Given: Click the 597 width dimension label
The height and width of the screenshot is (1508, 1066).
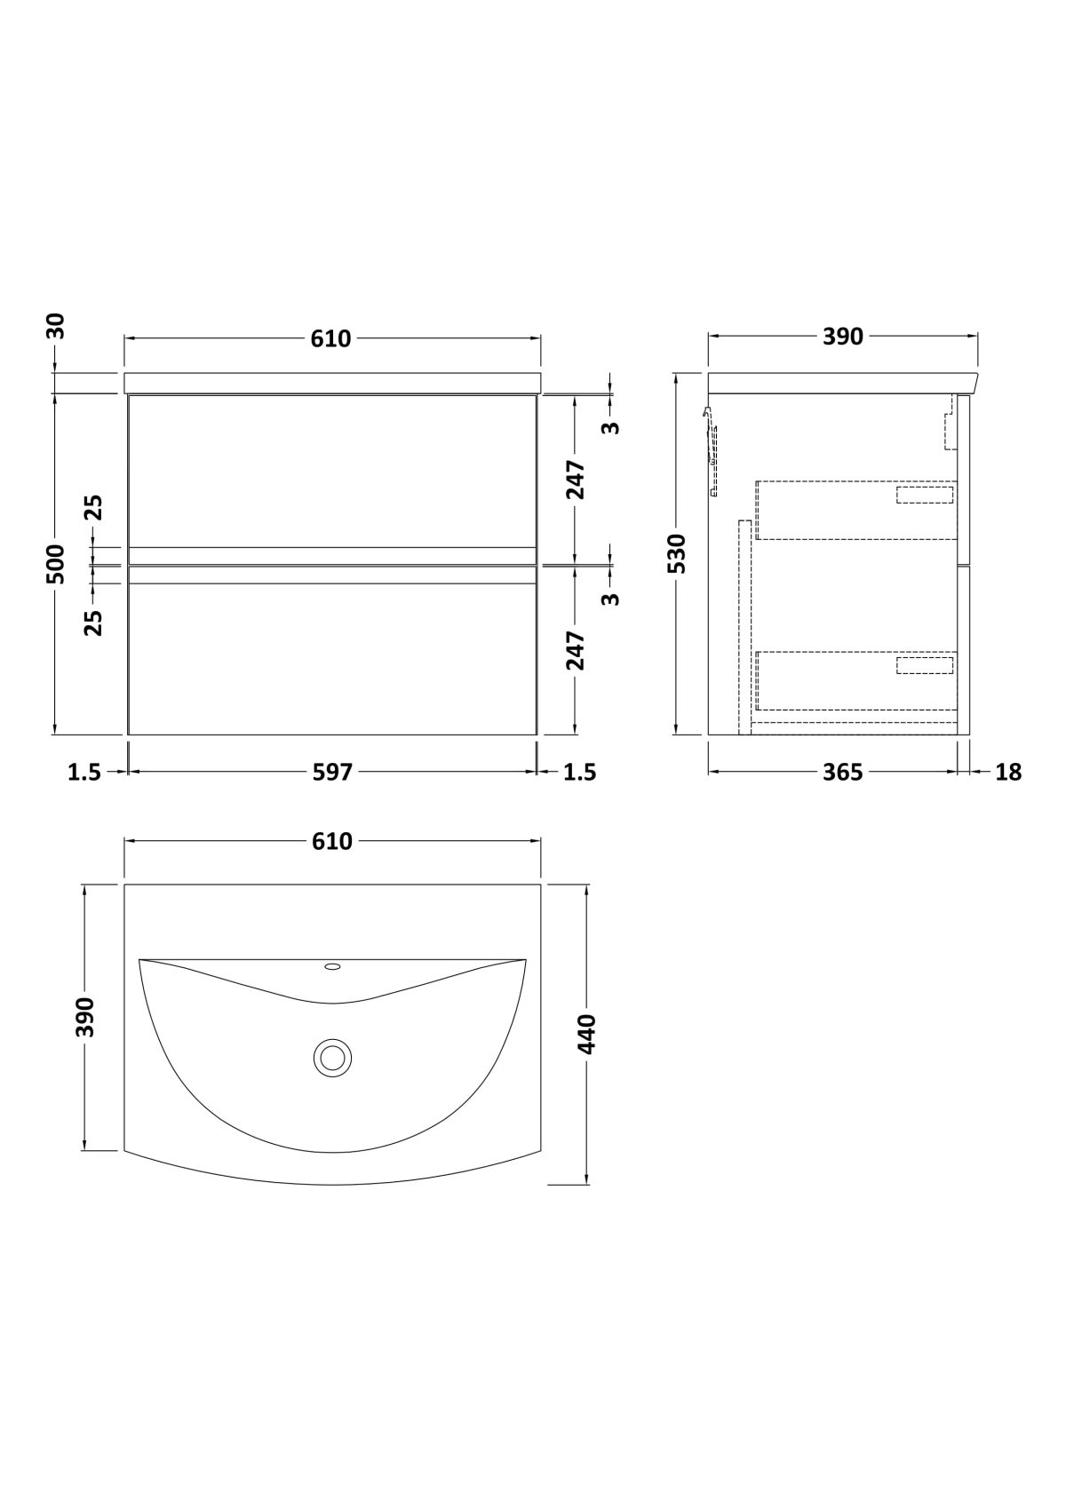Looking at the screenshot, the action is tap(332, 772).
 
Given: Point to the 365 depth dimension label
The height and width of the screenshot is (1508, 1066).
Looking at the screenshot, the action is tap(842, 772).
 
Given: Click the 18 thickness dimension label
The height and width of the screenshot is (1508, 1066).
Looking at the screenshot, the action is tap(1008, 772).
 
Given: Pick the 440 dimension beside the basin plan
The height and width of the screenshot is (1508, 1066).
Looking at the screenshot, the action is tap(587, 1034).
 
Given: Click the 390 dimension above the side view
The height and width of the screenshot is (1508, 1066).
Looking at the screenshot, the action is tap(842, 336).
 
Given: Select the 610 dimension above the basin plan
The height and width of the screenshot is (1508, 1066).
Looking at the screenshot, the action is tap(332, 841).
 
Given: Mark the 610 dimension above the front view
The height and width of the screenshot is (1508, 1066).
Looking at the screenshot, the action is tap(331, 337).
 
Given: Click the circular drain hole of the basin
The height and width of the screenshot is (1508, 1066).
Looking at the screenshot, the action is tap(332, 1057).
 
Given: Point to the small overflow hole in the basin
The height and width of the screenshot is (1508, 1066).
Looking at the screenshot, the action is tap(332, 967).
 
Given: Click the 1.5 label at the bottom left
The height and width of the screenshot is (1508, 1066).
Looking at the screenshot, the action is tap(84, 772).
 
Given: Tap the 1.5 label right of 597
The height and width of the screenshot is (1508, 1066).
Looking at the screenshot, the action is tap(580, 772).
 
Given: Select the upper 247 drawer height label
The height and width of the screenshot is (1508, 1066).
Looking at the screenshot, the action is tap(575, 480).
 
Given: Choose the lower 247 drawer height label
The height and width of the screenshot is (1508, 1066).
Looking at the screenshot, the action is tap(575, 650).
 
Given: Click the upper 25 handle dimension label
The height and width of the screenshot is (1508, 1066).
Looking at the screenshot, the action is tap(95, 508).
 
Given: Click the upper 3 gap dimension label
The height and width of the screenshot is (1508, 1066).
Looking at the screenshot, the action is tap(612, 427).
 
